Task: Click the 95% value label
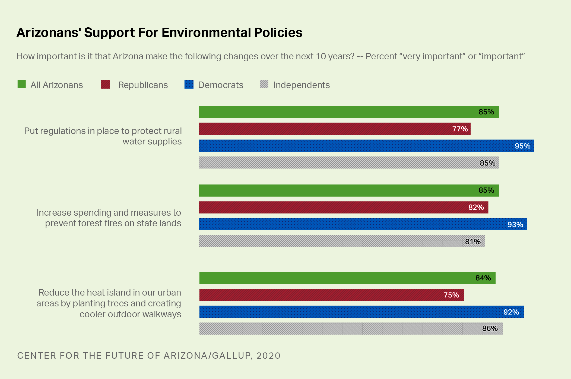tap(522, 146)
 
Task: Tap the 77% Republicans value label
tap(460, 129)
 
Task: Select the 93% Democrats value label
tap(515, 225)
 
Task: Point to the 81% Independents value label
tap(473, 242)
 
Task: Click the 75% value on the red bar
tap(451, 295)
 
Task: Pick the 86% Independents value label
tap(490, 328)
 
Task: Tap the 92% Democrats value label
tap(511, 312)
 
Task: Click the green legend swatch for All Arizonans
tap(22, 84)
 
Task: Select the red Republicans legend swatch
tap(106, 84)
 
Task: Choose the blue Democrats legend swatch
tap(189, 84)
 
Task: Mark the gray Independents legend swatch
tap(264, 84)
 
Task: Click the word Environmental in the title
tap(206, 33)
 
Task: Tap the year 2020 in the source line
tap(268, 356)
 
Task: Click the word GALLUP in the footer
tap(231, 356)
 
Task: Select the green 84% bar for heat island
tap(347, 278)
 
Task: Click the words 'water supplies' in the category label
tap(152, 142)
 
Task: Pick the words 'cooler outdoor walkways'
tap(130, 314)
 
